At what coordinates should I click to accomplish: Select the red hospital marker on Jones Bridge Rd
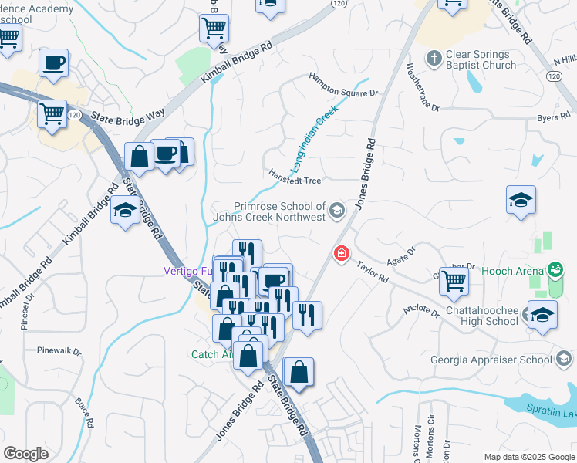pyautogui.click(x=341, y=252)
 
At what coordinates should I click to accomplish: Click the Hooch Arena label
pyautogui.click(x=510, y=271)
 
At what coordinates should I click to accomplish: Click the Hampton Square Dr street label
pyautogui.click(x=344, y=85)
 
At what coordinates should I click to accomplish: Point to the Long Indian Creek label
pyautogui.click(x=315, y=139)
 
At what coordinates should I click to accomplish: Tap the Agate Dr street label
pyautogui.click(x=401, y=255)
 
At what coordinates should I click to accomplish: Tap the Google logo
pyautogui.click(x=25, y=454)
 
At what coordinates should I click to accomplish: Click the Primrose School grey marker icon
pyautogui.click(x=336, y=210)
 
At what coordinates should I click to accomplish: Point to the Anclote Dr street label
pyautogui.click(x=421, y=311)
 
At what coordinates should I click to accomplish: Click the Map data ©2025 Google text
pyautogui.click(x=528, y=457)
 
